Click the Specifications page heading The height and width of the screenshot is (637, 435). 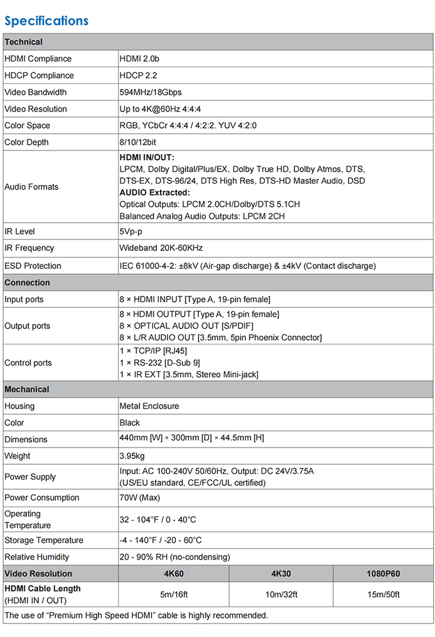click(46, 20)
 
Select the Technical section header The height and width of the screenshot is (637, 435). click(24, 42)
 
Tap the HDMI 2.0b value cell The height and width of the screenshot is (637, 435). click(139, 59)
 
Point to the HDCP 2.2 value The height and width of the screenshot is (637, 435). click(138, 76)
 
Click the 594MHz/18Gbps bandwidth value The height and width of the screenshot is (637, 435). click(150, 92)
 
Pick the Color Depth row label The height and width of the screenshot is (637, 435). click(26, 142)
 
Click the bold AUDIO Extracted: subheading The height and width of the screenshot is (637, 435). click(154, 193)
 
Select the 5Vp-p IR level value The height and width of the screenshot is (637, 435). click(131, 231)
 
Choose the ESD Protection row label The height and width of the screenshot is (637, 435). click(33, 266)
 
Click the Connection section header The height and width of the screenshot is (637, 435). click(27, 282)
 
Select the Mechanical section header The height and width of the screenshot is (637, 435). click(27, 389)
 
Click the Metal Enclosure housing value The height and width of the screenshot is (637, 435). click(149, 406)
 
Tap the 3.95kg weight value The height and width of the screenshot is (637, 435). click(132, 456)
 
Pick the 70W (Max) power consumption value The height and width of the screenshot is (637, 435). click(139, 497)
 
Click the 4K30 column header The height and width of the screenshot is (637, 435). click(281, 574)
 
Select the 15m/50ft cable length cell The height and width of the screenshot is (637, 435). click(384, 595)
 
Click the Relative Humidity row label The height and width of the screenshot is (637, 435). click(36, 557)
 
